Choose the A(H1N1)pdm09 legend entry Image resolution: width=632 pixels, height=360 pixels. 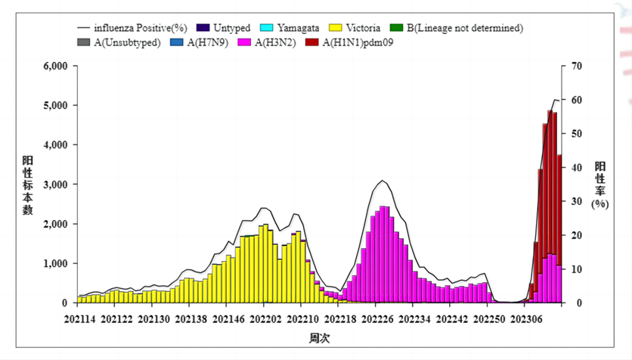[x=355, y=42]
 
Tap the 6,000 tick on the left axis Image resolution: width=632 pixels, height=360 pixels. [x=54, y=66]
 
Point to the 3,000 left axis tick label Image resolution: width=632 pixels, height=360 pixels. [x=54, y=185]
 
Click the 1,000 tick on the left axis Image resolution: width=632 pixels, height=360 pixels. [x=54, y=264]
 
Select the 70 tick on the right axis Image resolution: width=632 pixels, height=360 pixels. [x=575, y=66]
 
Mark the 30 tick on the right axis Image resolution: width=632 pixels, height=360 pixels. [x=575, y=201]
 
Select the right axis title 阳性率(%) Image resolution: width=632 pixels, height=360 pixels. [x=599, y=185]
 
